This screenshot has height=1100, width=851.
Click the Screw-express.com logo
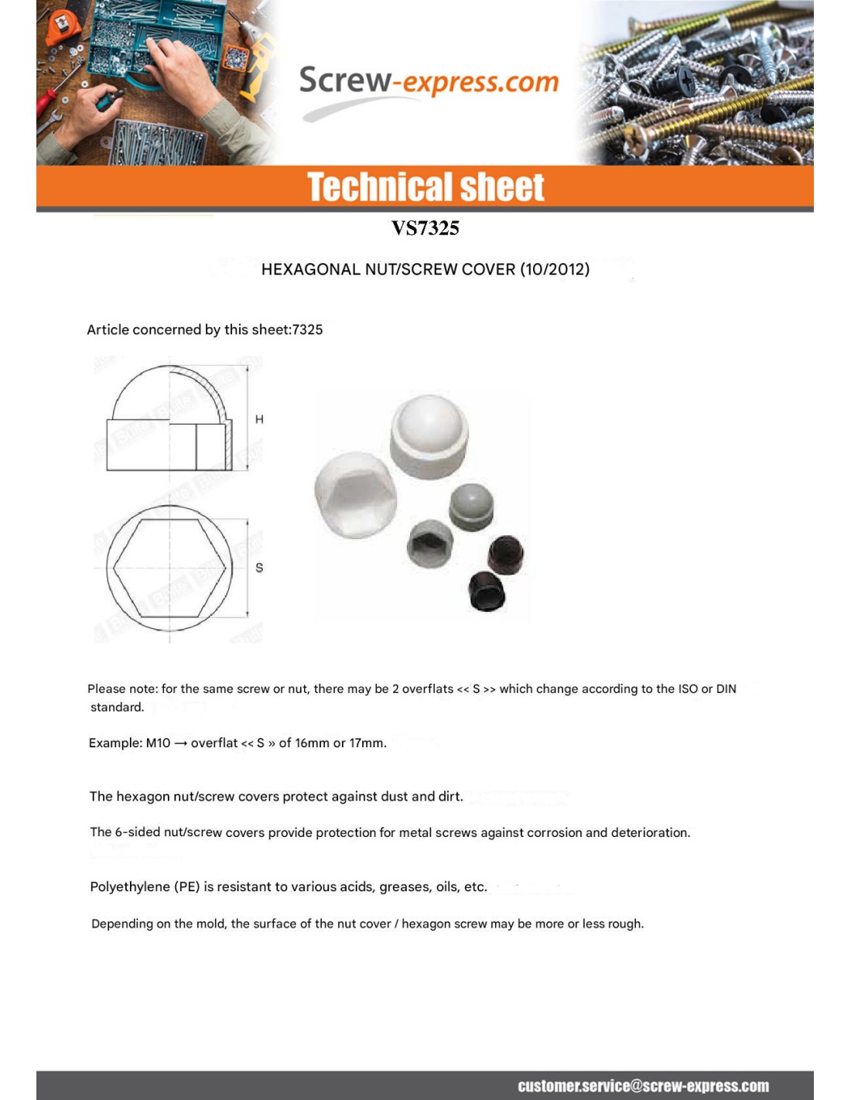pos(428,82)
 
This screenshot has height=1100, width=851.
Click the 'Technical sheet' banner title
pos(425,187)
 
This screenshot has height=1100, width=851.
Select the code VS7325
pos(425,228)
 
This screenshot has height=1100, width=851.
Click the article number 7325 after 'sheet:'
pos(307,330)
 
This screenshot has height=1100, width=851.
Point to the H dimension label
pos(259,419)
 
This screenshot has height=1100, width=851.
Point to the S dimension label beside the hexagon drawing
pos(259,567)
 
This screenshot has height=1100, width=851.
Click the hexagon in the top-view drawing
pos(170,567)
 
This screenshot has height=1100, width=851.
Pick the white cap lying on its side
pos(355,494)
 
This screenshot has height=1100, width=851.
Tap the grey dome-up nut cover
pos(471,507)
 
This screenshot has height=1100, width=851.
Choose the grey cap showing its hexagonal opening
pos(430,543)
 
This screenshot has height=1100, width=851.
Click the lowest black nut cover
pos(487,592)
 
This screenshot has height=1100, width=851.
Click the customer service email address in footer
pos(643,1085)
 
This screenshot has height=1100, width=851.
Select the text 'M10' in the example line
pos(158,743)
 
